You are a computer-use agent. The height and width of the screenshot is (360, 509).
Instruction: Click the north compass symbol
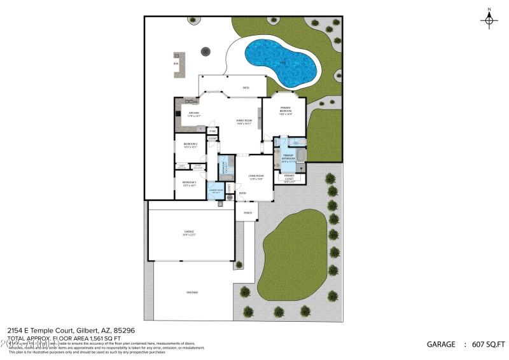pos(489,20)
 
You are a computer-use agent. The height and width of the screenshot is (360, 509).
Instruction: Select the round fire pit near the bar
pos(205,50)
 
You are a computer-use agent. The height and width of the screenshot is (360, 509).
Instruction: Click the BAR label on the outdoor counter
pos(176,64)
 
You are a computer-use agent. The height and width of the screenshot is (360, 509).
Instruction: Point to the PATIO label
pos(246,88)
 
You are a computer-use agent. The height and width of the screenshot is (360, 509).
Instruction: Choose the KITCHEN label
pos(193,113)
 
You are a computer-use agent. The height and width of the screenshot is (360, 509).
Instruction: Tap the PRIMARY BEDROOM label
pos(285,111)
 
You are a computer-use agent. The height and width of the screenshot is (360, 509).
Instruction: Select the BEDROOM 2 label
pos(190,144)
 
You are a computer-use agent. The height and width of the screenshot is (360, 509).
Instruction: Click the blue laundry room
pos(215,191)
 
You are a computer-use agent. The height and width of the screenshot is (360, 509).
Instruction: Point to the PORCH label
pos(248,212)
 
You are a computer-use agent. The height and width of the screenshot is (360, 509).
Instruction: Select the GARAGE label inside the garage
pos(189,232)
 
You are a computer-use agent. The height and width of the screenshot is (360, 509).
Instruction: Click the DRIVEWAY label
pos(192,293)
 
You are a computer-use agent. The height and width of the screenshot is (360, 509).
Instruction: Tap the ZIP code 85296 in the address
pos(127,331)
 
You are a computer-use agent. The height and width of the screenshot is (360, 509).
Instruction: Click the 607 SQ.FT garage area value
pos(488,344)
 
